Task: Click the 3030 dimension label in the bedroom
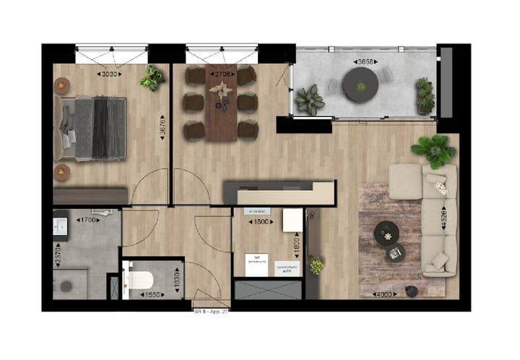pyautogui.click(x=110, y=74)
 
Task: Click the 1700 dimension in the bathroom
pyautogui.click(x=89, y=220)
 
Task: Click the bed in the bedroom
pyautogui.click(x=92, y=129)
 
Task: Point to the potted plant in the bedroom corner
pyautogui.click(x=152, y=78)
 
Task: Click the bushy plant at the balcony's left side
pyautogui.click(x=311, y=99)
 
